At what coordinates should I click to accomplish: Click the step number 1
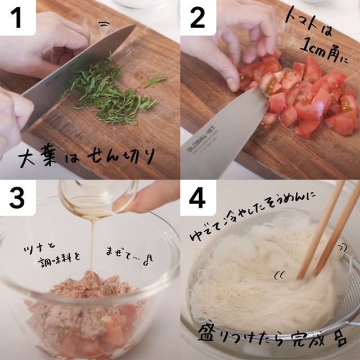[x=16, y=17]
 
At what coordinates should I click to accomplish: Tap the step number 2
[x=197, y=17]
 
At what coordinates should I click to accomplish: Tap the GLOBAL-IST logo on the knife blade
[x=202, y=141]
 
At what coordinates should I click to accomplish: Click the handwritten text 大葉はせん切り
[x=85, y=157]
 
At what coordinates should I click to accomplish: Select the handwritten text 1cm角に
[x=324, y=51]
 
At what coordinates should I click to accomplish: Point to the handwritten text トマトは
[x=308, y=22]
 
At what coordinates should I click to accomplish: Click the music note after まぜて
[x=148, y=260]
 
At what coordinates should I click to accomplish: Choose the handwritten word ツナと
[x=39, y=248]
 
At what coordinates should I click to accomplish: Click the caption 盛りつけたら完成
[x=272, y=337]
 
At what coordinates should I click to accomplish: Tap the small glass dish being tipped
[x=97, y=198]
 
